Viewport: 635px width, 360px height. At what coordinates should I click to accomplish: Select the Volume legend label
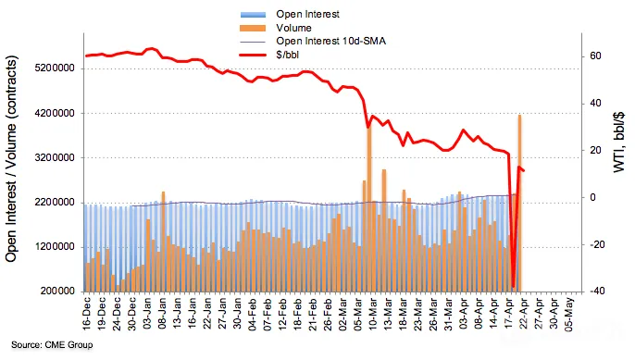pyautogui.click(x=293, y=28)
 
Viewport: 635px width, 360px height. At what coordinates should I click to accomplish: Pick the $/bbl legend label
pyautogui.click(x=287, y=55)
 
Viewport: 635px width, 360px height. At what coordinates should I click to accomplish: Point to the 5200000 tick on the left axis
pyautogui.click(x=56, y=68)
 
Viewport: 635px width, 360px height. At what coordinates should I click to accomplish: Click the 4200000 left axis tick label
pyautogui.click(x=56, y=113)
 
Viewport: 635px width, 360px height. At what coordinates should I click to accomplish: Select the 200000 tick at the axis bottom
pyautogui.click(x=57, y=292)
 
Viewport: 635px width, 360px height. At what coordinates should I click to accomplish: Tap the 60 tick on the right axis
pyautogui.click(x=596, y=56)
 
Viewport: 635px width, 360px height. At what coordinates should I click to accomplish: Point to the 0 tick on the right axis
pyautogui.click(x=592, y=197)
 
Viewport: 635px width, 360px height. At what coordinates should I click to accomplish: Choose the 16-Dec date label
pyautogui.click(x=87, y=314)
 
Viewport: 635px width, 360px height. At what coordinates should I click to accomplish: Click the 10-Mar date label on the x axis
pyautogui.click(x=372, y=314)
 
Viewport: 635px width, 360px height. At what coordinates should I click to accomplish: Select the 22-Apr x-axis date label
pyautogui.click(x=524, y=314)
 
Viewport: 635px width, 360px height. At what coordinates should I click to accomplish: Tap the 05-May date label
pyautogui.click(x=569, y=315)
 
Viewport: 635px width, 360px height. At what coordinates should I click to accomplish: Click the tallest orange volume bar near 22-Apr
pyautogui.click(x=519, y=204)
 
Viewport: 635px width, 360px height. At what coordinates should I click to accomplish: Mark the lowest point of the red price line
pyautogui.click(x=513, y=287)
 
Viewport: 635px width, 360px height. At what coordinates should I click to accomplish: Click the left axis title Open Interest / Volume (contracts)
pyautogui.click(x=12, y=159)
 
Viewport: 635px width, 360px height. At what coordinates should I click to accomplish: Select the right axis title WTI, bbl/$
pyautogui.click(x=619, y=143)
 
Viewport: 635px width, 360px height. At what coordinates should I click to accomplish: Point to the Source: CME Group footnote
pyautogui.click(x=52, y=345)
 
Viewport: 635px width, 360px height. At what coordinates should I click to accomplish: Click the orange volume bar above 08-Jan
pyautogui.click(x=163, y=242)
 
